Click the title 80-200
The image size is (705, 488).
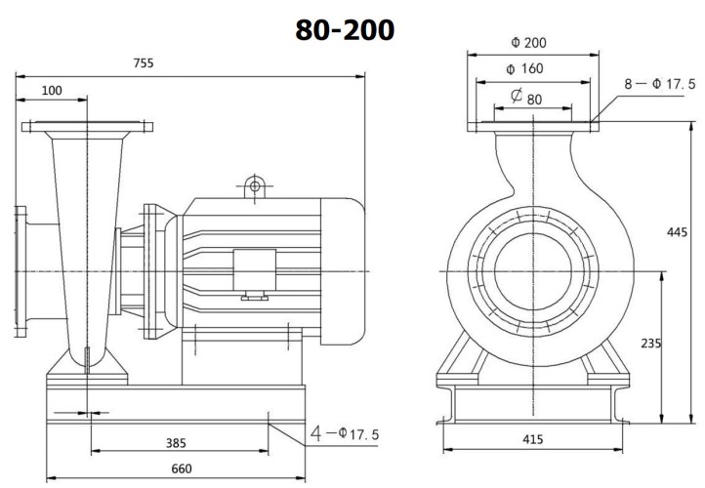tap(346, 30)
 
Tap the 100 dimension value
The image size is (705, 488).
tap(52, 90)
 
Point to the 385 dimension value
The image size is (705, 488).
tap(176, 442)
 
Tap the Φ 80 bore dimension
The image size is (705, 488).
tap(527, 98)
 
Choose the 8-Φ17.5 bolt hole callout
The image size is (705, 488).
tap(661, 84)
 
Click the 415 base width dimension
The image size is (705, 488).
tap(532, 440)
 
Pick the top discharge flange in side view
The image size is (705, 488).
tap(87, 127)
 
